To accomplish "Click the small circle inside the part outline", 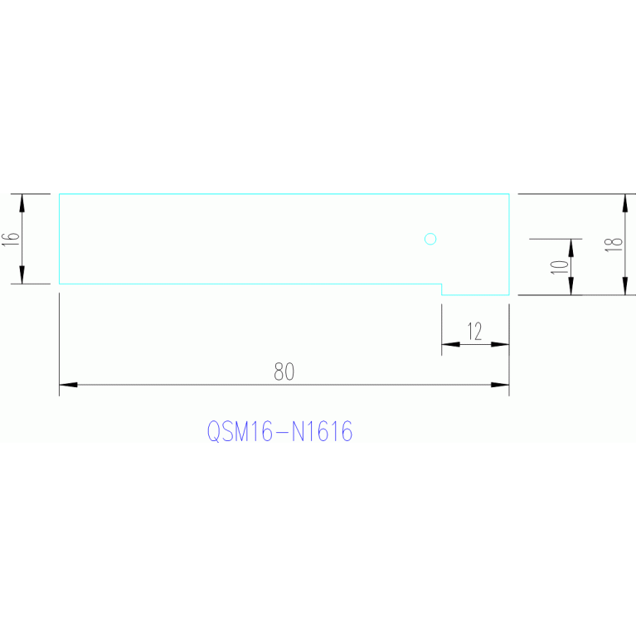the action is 430,240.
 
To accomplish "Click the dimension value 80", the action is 284,372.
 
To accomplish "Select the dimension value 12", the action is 474,333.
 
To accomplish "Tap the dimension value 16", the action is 10,239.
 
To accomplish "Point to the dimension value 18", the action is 613,244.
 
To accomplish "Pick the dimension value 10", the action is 559,266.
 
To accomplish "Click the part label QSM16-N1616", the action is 279,432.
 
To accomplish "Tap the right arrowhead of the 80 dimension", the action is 500,385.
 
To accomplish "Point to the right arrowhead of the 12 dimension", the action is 500,344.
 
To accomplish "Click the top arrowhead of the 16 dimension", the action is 22,202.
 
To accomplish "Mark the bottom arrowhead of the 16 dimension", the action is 22,275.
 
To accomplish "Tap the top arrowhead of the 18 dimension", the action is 624,202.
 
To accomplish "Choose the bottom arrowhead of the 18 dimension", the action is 624,286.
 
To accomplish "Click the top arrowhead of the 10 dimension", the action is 570,247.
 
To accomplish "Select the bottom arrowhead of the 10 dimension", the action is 570,286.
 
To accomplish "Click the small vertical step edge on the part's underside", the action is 441,289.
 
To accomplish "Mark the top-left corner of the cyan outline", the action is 60,194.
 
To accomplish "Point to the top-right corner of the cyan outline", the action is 508,194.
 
